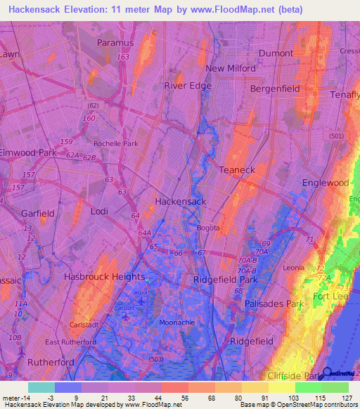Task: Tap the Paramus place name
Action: click(115, 42)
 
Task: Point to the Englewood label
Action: click(325, 183)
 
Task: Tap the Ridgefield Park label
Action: click(226, 278)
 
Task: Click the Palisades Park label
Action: click(274, 304)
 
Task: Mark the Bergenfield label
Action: click(276, 89)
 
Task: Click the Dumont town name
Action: click(276, 53)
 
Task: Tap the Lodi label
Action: click(99, 211)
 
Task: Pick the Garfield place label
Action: click(37, 213)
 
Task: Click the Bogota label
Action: click(208, 228)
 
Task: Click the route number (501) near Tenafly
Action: click(337, 136)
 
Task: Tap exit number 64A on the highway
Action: click(145, 233)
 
